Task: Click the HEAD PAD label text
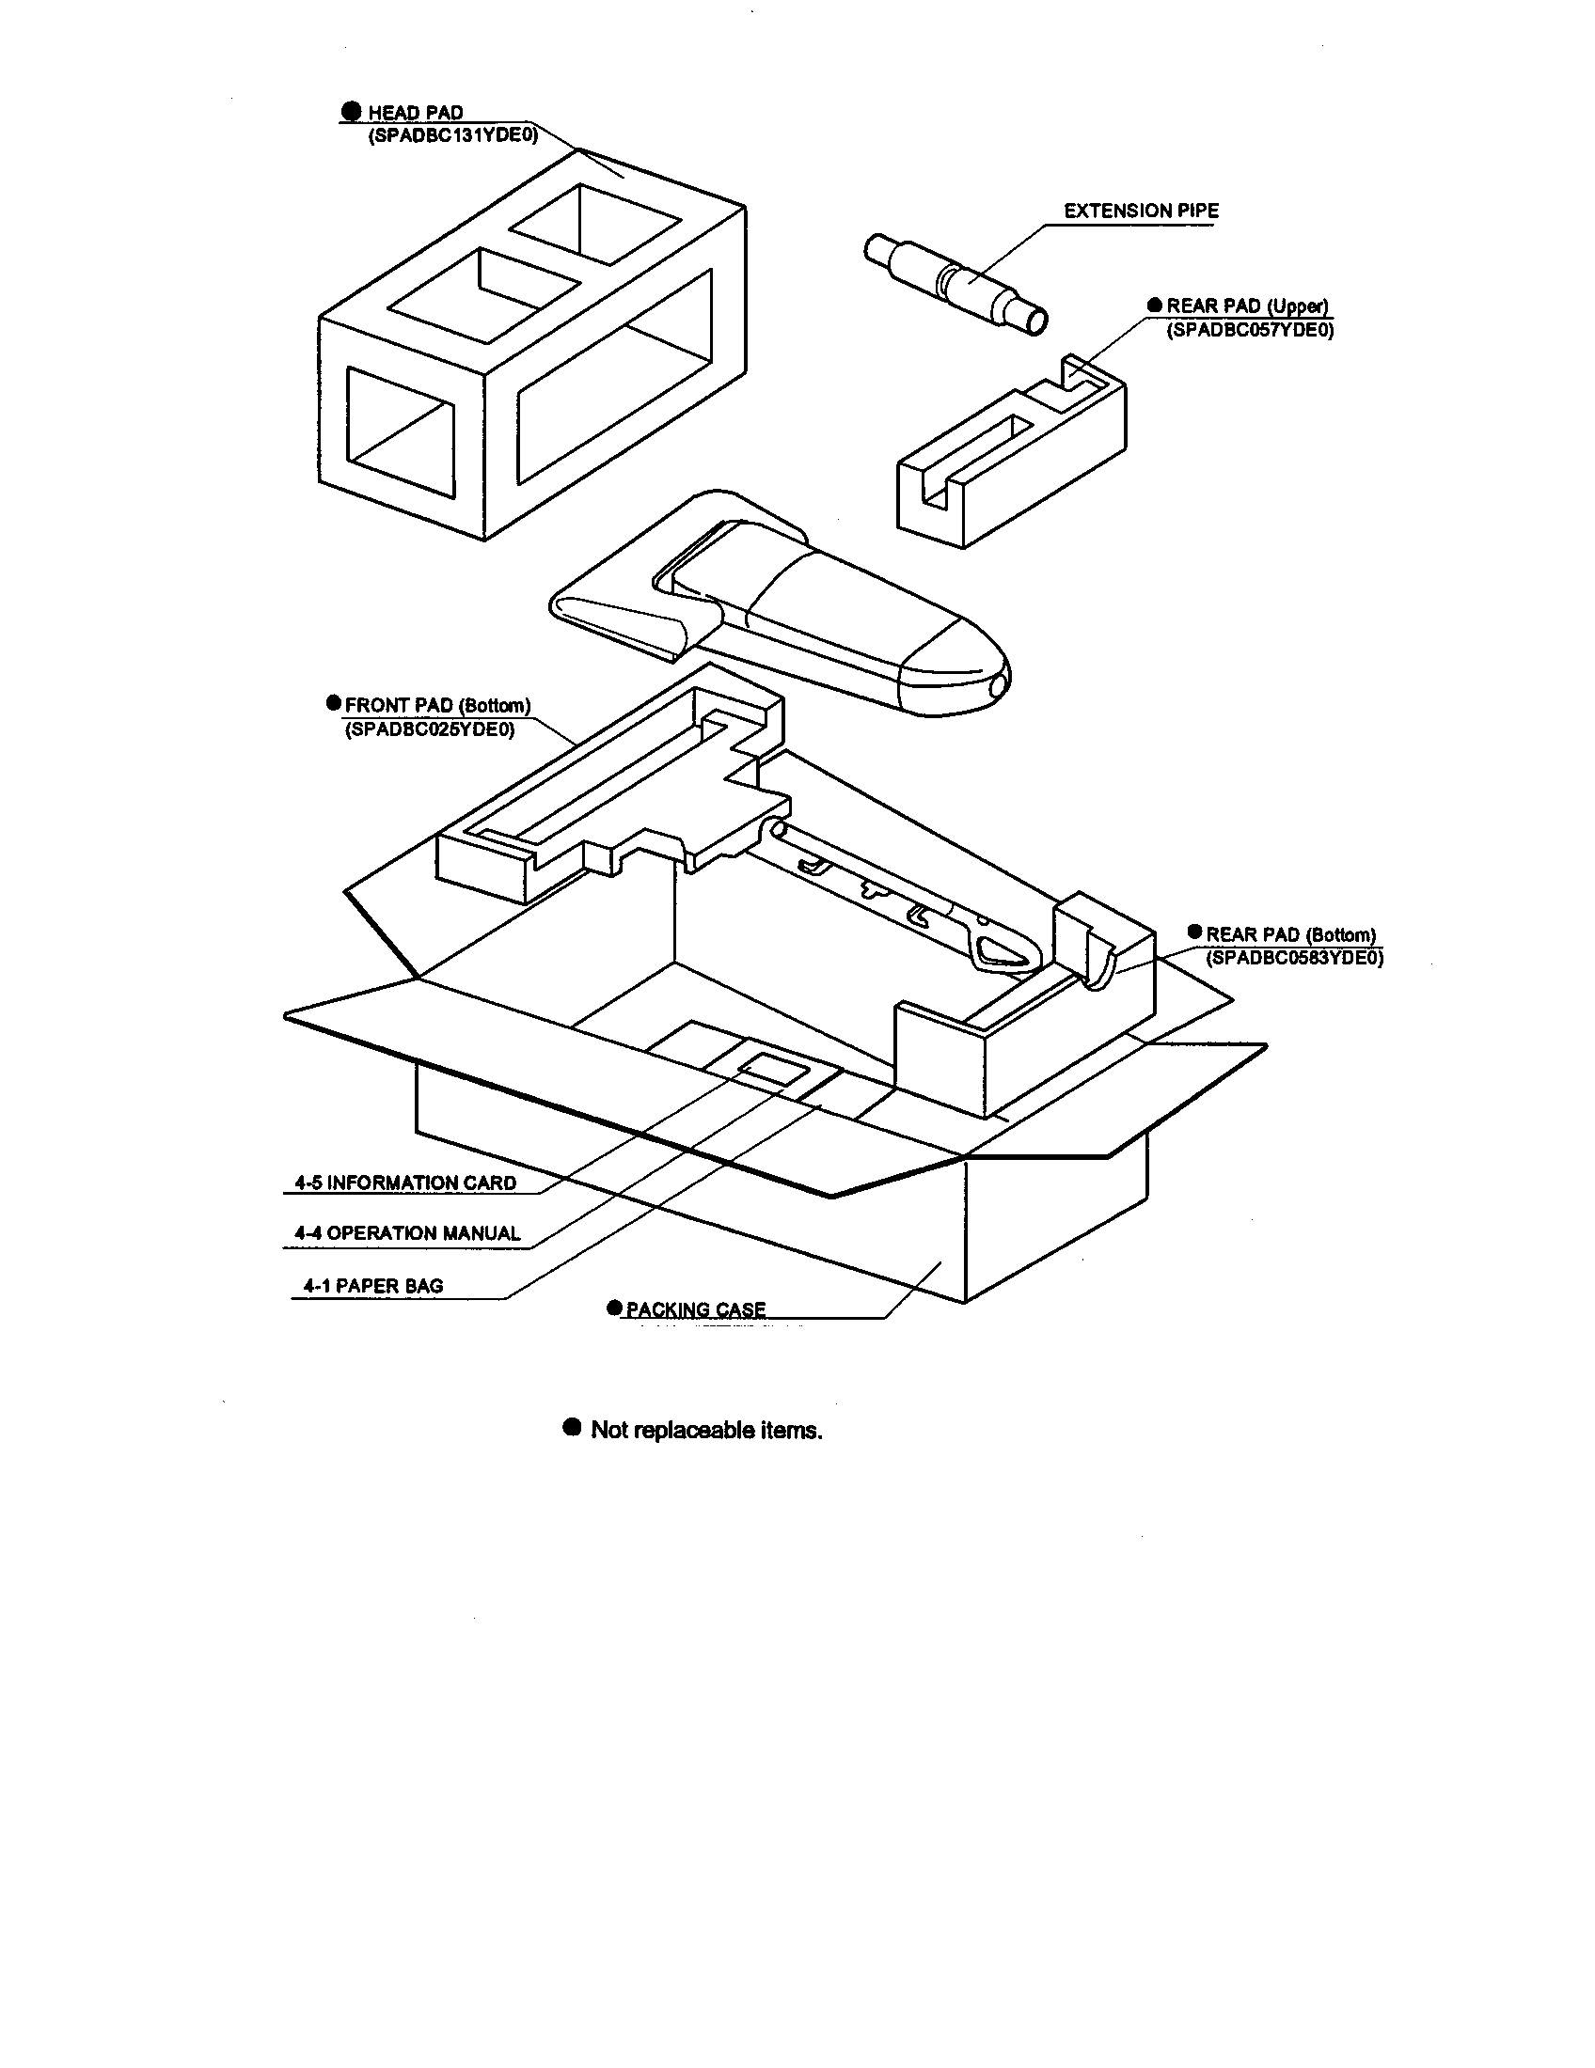pos(415,113)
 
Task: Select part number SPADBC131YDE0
pos(452,134)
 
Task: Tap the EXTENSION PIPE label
pos(1141,211)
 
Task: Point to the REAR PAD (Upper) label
pos(1247,306)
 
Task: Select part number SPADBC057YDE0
pos(1249,330)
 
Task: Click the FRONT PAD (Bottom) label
pos(436,705)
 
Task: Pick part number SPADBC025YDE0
pos(429,729)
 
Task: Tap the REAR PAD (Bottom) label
pos(1290,934)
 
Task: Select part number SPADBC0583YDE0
pos(1294,957)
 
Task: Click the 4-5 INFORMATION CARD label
pos(405,1183)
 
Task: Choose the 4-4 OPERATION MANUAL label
pos(407,1233)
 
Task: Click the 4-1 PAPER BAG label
pos(373,1285)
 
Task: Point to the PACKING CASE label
pos(695,1309)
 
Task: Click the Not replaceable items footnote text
pos(706,1430)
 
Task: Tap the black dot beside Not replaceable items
pos(571,1427)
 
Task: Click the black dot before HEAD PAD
pos(352,112)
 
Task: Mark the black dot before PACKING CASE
pos(614,1308)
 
